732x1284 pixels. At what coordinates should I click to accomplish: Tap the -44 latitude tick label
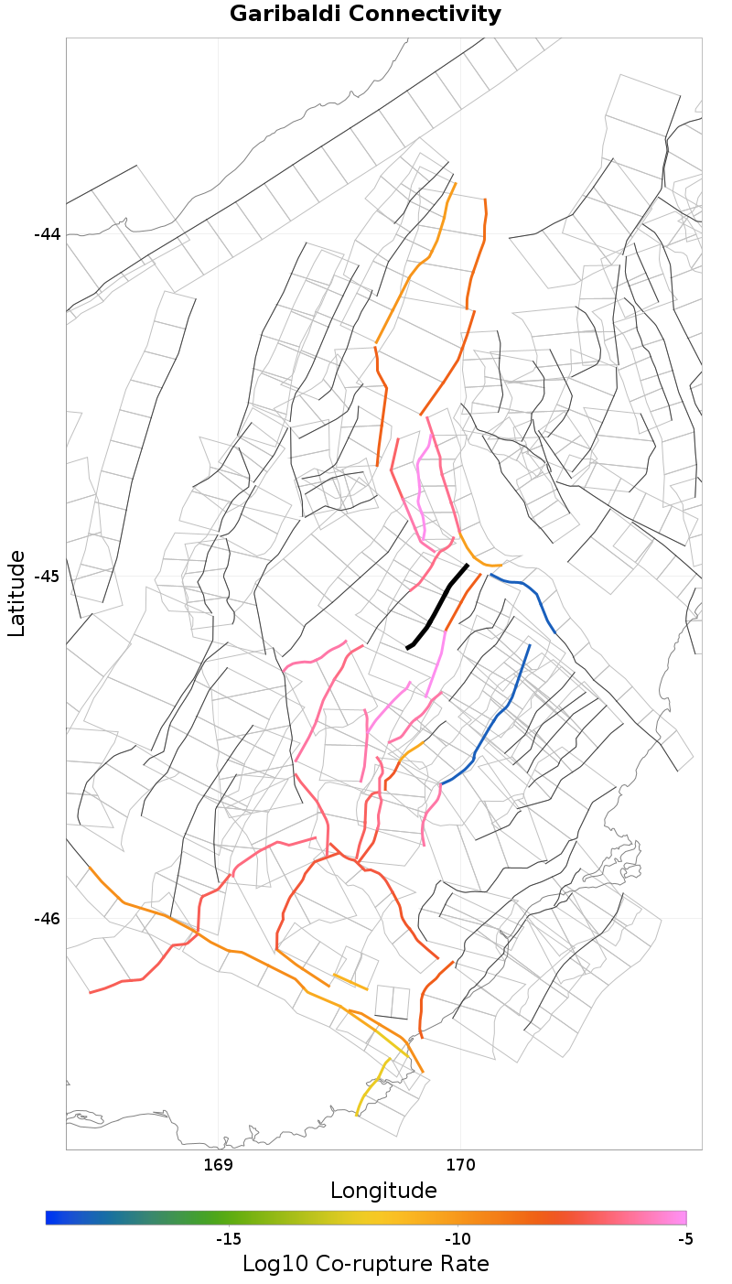pyautogui.click(x=47, y=233)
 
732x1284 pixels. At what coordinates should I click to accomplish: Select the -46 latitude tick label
pyautogui.click(x=47, y=918)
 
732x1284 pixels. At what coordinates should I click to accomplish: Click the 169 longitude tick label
pyautogui.click(x=218, y=1164)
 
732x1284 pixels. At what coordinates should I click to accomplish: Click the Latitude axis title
pyautogui.click(x=16, y=593)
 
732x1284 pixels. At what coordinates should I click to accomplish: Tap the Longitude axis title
pyautogui.click(x=383, y=1191)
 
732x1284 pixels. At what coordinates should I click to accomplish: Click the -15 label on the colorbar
pyautogui.click(x=228, y=1239)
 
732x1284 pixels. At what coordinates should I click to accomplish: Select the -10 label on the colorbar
pyautogui.click(x=457, y=1239)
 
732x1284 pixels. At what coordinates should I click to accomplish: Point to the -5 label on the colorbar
pyautogui.click(x=685, y=1239)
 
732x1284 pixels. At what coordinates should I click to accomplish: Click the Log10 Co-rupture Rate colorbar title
pyautogui.click(x=365, y=1264)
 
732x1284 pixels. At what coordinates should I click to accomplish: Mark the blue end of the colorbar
pyautogui.click(x=51, y=1217)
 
